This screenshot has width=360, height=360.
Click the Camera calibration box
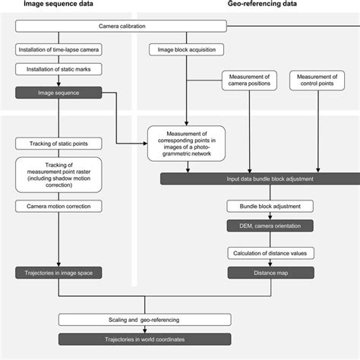pos(122,27)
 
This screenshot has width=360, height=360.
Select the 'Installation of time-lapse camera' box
pos(58,51)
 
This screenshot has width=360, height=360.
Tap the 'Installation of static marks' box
pos(58,69)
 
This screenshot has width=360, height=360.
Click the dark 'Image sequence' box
pos(58,93)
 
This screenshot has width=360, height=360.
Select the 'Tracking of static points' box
pos(58,142)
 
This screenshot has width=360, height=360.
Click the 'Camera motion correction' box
pos(58,206)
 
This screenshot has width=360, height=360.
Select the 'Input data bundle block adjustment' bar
pos(257,178)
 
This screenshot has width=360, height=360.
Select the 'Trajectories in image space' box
pos(58,271)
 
